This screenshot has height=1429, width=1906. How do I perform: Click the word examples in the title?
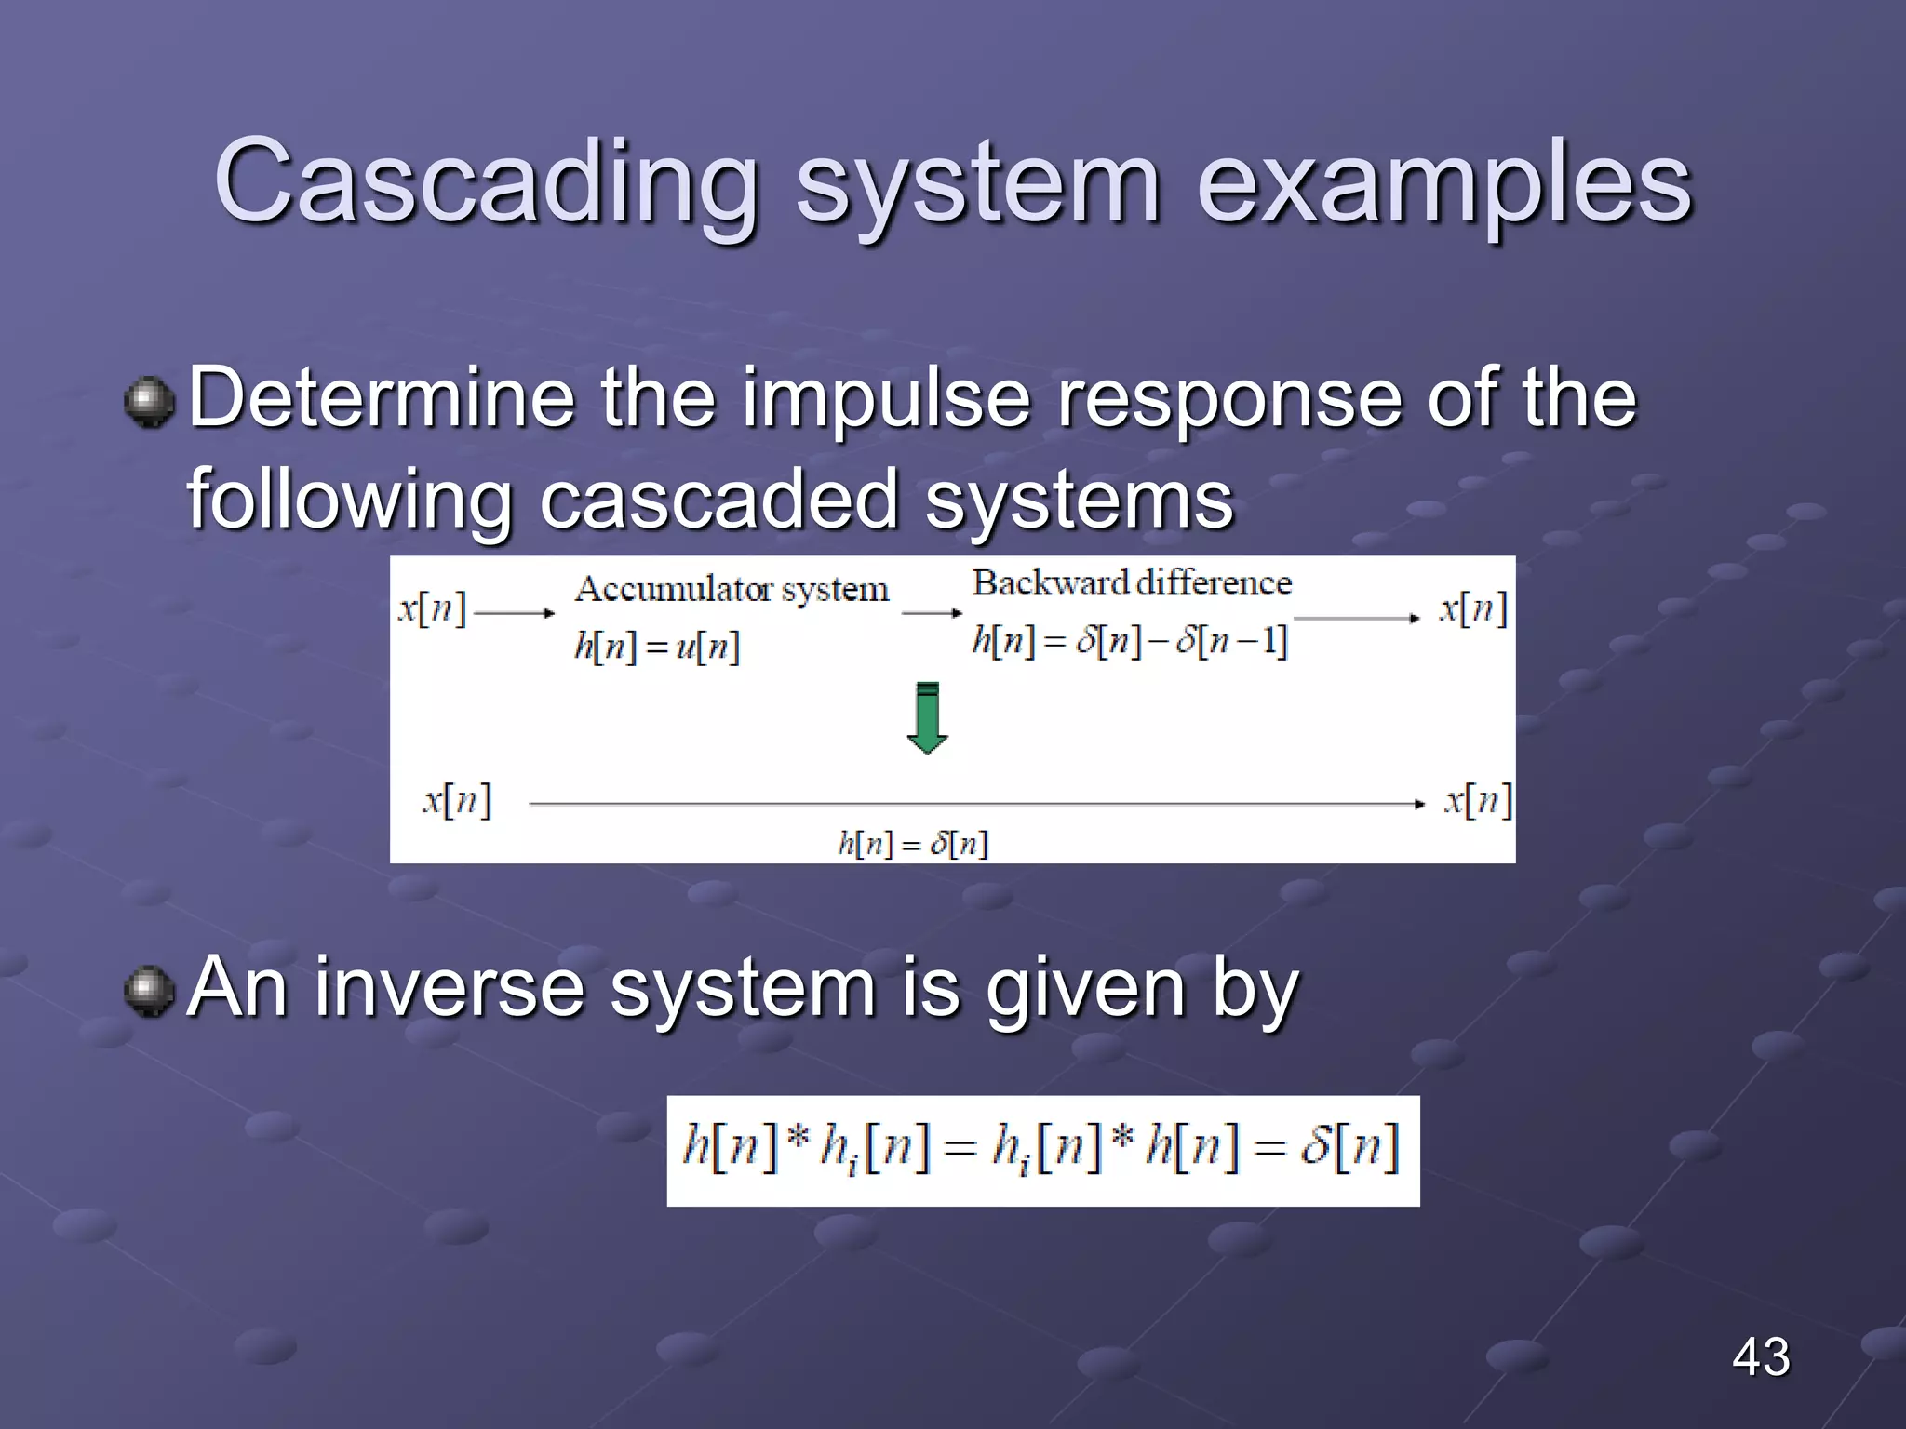[1443, 181]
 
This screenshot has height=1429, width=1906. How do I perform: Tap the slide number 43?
[1760, 1356]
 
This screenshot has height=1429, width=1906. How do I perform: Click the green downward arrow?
[927, 717]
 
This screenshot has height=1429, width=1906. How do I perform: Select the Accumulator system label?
[732, 589]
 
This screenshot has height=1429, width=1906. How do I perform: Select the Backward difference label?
[1132, 583]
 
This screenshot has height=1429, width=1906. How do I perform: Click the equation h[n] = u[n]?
[657, 646]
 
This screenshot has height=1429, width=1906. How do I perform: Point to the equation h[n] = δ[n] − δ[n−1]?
[1129, 640]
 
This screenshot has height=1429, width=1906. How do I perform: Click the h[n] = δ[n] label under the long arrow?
[912, 844]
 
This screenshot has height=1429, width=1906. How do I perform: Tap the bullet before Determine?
[149, 402]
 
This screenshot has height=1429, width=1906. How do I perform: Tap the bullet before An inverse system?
[149, 992]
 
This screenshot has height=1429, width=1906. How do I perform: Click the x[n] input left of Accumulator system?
[432, 609]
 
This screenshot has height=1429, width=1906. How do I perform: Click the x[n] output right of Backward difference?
[1472, 609]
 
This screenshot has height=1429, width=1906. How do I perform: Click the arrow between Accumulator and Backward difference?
[932, 613]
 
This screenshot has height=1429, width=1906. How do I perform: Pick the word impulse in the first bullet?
[885, 400]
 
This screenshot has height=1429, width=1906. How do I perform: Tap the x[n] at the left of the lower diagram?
[456, 800]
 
